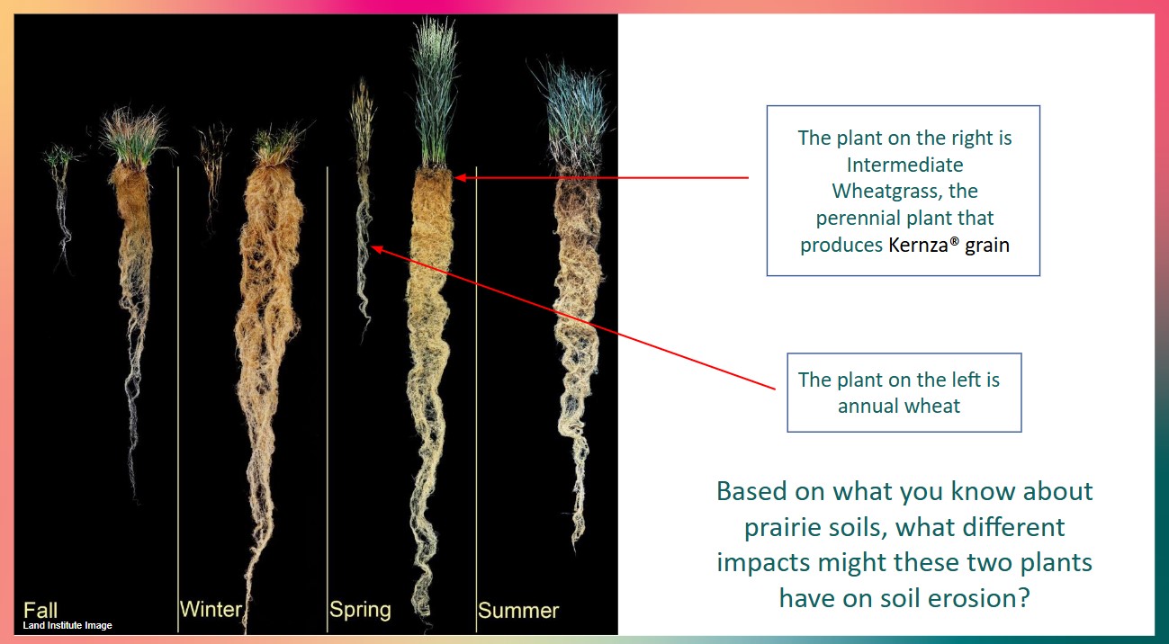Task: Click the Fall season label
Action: (40, 610)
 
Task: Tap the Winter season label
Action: (211, 609)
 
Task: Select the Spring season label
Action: (360, 610)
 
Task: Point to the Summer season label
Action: (518, 610)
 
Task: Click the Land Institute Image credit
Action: (67, 625)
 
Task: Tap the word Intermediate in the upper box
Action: (905, 165)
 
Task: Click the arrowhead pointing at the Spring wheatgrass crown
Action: (460, 178)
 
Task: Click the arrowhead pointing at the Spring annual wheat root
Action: (376, 250)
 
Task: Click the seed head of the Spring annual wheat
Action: (362, 120)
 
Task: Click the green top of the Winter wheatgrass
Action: (278, 143)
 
